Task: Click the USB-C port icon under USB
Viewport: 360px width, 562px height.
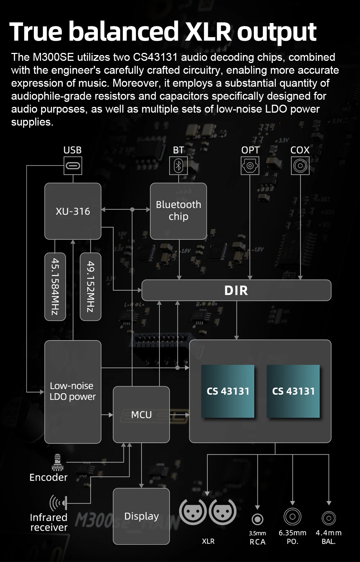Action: [x=73, y=166]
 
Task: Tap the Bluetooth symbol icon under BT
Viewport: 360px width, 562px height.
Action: [x=179, y=166]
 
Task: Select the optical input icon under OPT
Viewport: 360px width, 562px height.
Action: [x=250, y=166]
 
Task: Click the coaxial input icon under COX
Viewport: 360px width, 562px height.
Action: [x=300, y=166]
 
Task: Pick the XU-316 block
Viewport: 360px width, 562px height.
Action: [x=73, y=211]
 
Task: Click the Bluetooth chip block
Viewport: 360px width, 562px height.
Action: [x=178, y=211]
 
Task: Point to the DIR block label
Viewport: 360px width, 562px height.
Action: [x=236, y=290]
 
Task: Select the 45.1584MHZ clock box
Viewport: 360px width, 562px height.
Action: [x=55, y=286]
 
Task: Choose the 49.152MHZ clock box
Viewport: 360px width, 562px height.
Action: [x=90, y=286]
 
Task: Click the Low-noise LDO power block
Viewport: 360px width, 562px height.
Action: [x=73, y=391]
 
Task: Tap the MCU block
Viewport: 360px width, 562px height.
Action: [x=141, y=414]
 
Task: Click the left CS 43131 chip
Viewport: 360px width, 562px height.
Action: [x=228, y=391]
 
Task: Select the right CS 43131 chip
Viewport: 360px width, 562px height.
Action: [x=293, y=391]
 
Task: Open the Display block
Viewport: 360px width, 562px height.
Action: [x=141, y=516]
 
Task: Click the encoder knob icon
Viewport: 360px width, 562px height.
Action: [x=57, y=462]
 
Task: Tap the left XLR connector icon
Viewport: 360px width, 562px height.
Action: [x=193, y=512]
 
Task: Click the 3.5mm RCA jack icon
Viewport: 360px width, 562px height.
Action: [x=257, y=519]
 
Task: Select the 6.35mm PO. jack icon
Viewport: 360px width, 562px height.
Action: [x=292, y=517]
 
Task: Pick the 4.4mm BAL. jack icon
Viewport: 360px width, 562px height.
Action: [x=328, y=518]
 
